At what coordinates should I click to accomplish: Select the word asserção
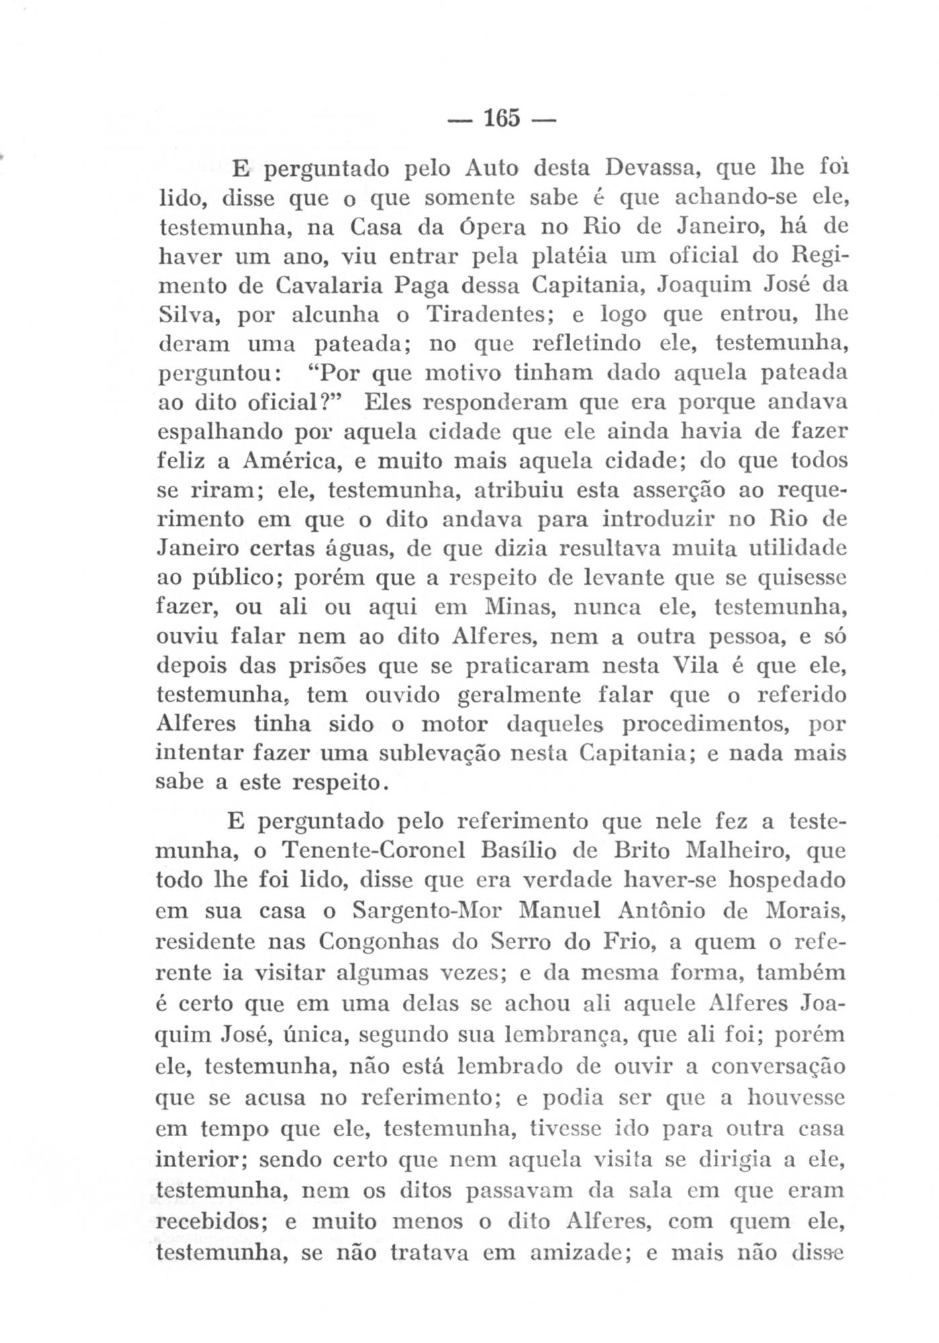680,491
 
